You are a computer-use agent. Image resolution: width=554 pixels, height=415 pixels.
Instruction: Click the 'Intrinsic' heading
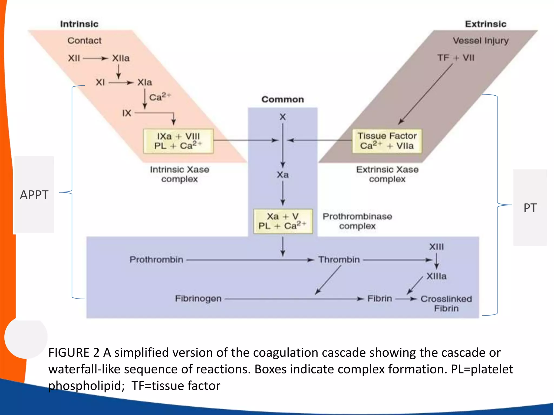(79, 24)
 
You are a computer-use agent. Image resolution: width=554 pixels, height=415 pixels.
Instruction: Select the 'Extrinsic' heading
(486, 24)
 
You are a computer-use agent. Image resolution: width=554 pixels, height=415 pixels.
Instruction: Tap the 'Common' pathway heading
(283, 99)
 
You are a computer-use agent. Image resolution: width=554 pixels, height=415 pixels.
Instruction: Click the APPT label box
(34, 195)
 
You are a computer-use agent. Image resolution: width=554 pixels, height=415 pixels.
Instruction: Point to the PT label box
(530, 208)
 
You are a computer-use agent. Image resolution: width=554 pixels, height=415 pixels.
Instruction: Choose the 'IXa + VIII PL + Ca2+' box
(178, 141)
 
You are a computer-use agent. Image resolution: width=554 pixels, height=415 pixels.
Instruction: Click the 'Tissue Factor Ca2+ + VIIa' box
(387, 141)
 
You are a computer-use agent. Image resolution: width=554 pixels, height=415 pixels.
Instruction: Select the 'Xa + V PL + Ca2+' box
(283, 221)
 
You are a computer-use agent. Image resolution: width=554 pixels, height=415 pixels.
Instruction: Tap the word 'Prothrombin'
(156, 260)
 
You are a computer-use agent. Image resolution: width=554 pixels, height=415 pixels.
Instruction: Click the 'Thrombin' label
(339, 260)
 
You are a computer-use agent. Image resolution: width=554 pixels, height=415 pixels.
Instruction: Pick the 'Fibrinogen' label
(198, 299)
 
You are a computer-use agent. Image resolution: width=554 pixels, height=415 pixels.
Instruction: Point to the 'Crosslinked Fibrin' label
(446, 303)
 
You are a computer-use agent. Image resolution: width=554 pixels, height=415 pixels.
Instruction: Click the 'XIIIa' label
(437, 276)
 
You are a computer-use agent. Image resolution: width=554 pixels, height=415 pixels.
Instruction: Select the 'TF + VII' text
(456, 58)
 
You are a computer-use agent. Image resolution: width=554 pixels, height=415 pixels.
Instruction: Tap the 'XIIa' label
(121, 58)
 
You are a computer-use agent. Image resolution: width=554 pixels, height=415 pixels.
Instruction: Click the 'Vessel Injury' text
(481, 41)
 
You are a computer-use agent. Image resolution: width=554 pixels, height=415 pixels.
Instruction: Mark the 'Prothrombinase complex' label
(357, 221)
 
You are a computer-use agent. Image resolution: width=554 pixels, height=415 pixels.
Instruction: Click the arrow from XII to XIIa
(95, 58)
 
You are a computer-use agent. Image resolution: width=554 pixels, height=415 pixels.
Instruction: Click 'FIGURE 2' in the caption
(74, 353)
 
